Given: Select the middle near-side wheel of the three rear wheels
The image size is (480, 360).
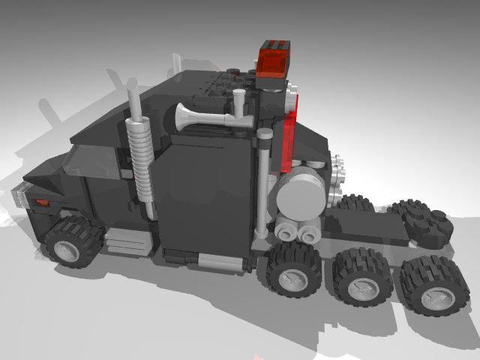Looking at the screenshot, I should point(363,277).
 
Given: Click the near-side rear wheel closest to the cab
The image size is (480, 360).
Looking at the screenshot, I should point(294,268).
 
